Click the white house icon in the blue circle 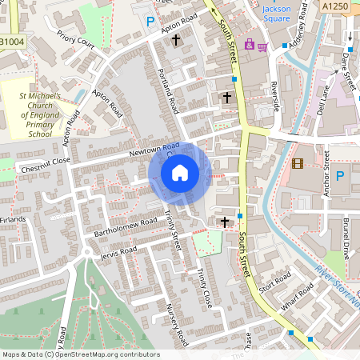click(x=180, y=172)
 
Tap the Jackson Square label click(x=278, y=14)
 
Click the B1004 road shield click(x=12, y=41)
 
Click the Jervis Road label click(x=119, y=252)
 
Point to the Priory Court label click(x=76, y=40)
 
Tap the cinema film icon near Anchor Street click(x=298, y=164)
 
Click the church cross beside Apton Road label click(x=176, y=38)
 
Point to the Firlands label click(x=14, y=218)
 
